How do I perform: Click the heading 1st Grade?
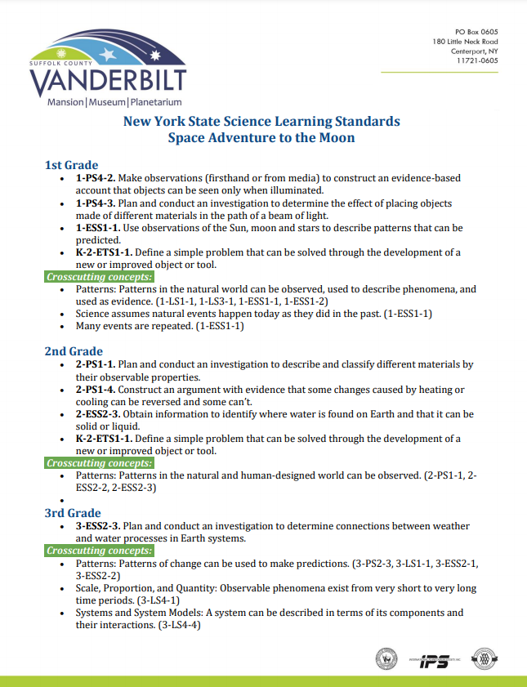coord(71,165)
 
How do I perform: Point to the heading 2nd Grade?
coord(74,351)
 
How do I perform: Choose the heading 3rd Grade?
coord(73,513)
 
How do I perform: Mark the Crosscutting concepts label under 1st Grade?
coord(100,277)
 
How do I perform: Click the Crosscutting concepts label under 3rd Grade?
coord(100,551)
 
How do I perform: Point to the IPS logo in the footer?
coord(434,659)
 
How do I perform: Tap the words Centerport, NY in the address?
coord(474,51)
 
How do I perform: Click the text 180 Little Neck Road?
coord(466,40)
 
